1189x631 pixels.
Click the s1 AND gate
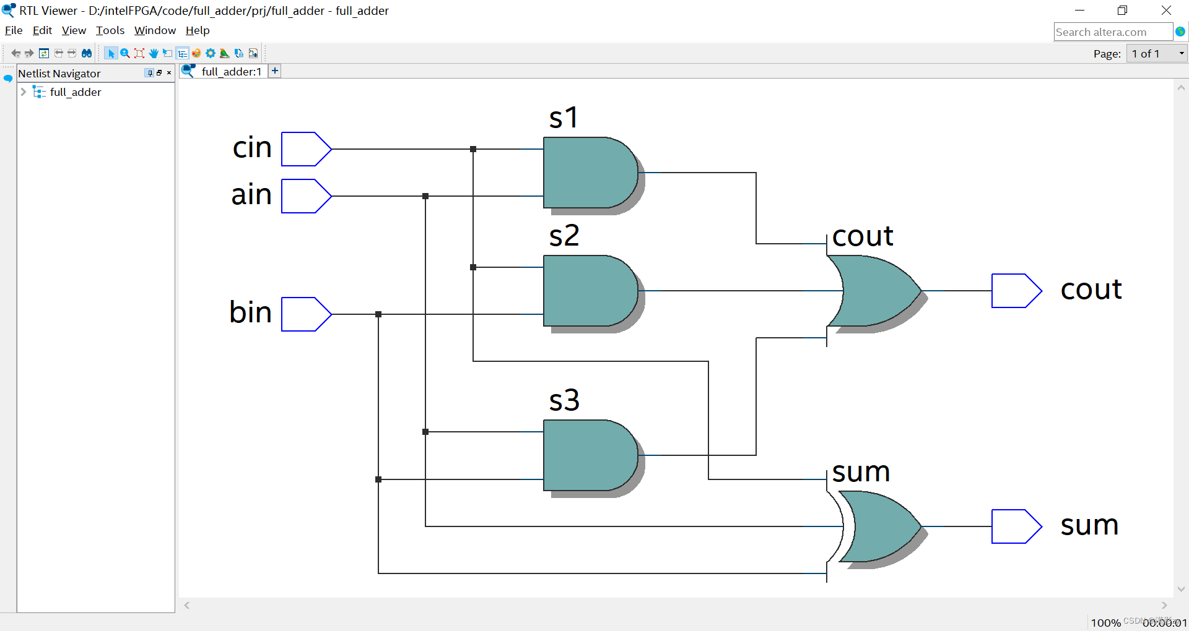tap(588, 173)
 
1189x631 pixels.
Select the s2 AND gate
tap(588, 291)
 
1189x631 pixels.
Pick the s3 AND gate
tap(588, 455)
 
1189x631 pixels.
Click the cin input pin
tap(305, 149)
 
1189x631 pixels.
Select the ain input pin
tap(305, 196)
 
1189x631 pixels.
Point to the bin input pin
tap(305, 314)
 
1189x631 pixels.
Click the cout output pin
tap(1016, 291)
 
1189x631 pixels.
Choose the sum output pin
tap(1016, 526)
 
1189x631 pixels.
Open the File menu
tap(14, 30)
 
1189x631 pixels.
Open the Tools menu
tap(110, 30)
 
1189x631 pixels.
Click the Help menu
tap(198, 30)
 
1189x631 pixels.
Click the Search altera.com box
tap(1112, 32)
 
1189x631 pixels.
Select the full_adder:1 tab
tap(231, 72)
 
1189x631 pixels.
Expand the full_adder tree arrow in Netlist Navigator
tap(24, 92)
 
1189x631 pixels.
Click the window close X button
tap(1166, 11)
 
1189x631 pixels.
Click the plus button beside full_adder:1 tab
tap(275, 71)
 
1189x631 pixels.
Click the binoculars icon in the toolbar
tap(87, 54)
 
